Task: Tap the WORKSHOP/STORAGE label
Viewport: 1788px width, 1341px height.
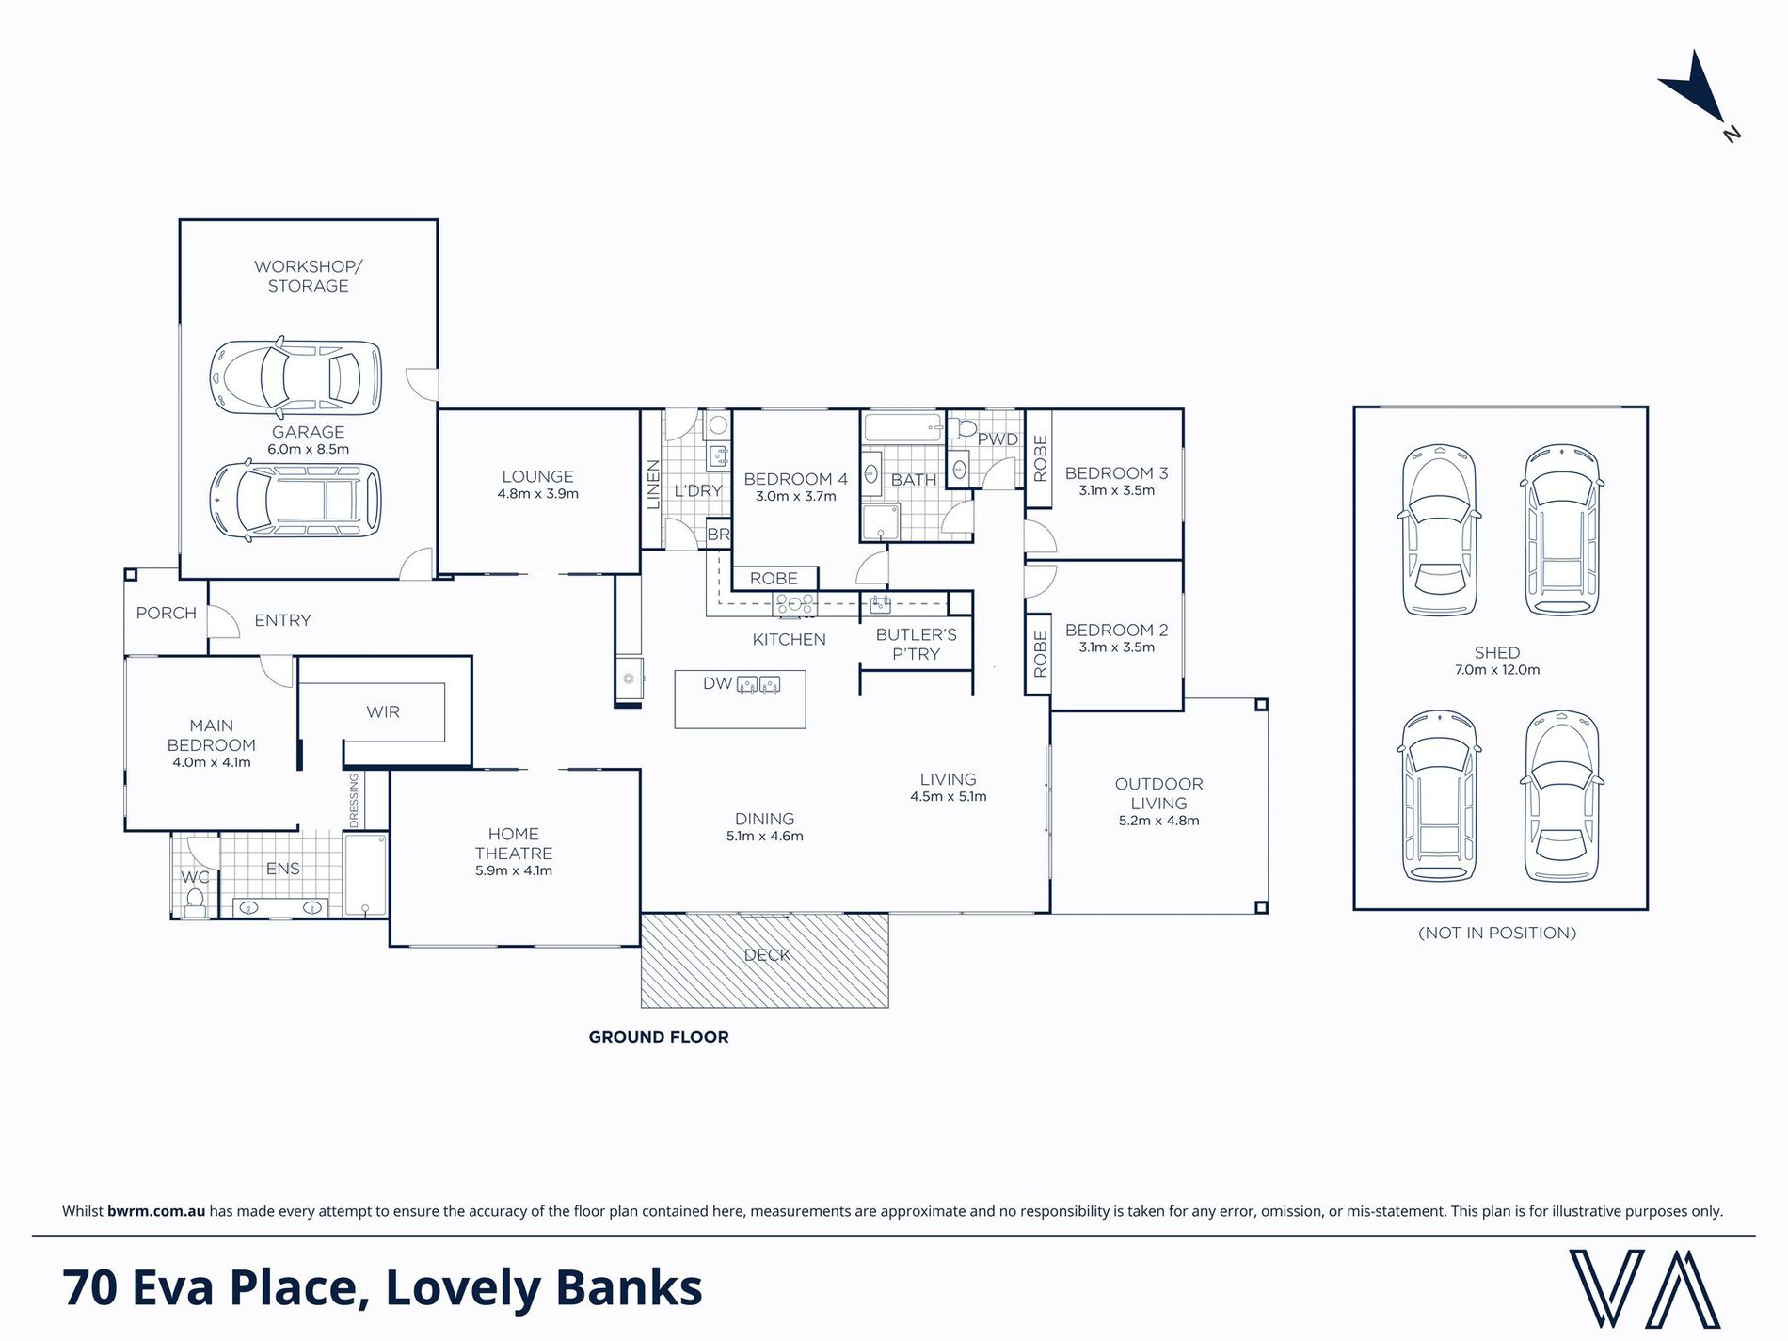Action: click(x=308, y=276)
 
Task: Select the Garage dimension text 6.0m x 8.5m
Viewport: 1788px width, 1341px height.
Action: click(x=308, y=450)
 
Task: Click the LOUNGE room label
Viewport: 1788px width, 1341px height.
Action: click(x=537, y=476)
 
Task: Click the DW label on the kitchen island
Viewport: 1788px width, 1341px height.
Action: click(x=717, y=683)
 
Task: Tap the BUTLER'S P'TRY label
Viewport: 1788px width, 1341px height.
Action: click(x=916, y=644)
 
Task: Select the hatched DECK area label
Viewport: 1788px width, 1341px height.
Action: click(x=767, y=954)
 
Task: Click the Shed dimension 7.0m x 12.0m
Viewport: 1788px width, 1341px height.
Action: click(x=1497, y=670)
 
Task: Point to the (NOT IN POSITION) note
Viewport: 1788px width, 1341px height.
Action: click(x=1496, y=933)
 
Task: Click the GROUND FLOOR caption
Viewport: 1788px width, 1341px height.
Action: click(x=659, y=1037)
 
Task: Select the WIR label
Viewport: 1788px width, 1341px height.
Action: click(x=383, y=711)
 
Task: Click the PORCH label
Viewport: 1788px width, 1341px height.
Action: click(x=167, y=613)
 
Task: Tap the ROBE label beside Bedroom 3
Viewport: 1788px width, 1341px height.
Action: click(x=1040, y=458)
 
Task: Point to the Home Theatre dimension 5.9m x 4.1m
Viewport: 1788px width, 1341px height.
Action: click(x=514, y=870)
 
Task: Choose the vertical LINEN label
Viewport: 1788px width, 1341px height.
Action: click(x=653, y=484)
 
